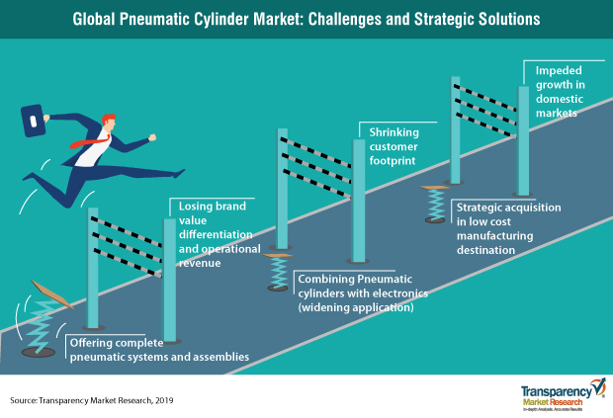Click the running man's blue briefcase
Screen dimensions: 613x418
click(x=33, y=121)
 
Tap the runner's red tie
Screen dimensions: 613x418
click(x=89, y=141)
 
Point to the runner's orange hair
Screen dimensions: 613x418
click(x=109, y=119)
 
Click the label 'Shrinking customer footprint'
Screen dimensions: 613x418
click(x=394, y=146)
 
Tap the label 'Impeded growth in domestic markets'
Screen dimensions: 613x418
click(x=560, y=92)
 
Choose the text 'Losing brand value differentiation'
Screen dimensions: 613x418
click(x=216, y=220)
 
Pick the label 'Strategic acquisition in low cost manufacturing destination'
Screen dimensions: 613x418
click(x=508, y=228)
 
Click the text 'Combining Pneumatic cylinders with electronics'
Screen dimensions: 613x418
click(x=363, y=286)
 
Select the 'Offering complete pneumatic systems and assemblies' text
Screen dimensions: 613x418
click(x=159, y=350)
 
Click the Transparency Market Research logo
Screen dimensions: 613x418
click(x=563, y=394)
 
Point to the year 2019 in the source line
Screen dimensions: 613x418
click(x=164, y=400)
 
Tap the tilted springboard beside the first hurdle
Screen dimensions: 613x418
click(x=52, y=294)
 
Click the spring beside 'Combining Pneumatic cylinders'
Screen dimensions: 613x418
click(x=279, y=272)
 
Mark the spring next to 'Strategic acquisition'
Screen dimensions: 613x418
click(x=435, y=204)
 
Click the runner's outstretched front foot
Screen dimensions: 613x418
click(x=179, y=173)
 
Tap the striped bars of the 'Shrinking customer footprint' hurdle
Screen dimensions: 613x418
click(x=315, y=167)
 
